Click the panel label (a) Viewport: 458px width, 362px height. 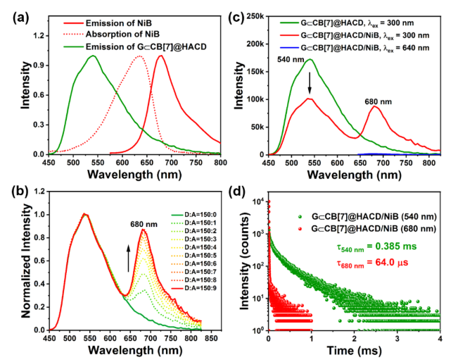pyautogui.click(x=15, y=14)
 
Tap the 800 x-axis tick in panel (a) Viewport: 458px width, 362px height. pyautogui.click(x=220, y=161)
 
